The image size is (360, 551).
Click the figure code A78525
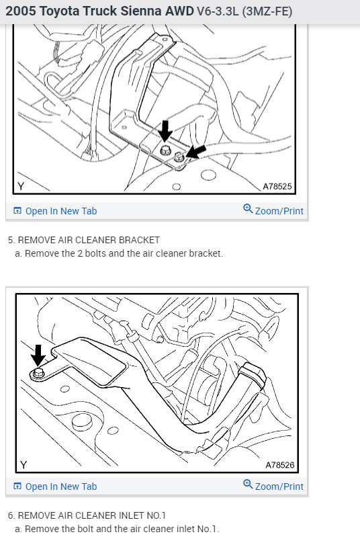click(x=277, y=186)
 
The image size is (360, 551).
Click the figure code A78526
click(x=279, y=465)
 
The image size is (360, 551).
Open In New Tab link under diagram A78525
click(x=55, y=211)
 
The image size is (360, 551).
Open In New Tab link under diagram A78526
click(x=55, y=486)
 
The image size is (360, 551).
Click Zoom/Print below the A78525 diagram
click(x=273, y=210)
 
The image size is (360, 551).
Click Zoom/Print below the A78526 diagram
click(x=273, y=486)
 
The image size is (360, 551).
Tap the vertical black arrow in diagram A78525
click(x=165, y=131)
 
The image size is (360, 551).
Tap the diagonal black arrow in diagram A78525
click(x=196, y=151)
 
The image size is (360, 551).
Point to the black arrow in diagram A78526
click(x=38, y=355)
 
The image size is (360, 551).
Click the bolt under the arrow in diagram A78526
click(x=37, y=373)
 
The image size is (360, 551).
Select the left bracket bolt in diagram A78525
click(x=165, y=151)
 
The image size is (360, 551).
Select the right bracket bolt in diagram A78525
click(x=179, y=157)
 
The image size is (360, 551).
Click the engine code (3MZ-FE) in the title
click(x=267, y=11)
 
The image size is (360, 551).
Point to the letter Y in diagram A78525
click(x=21, y=186)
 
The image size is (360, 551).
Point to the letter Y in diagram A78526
click(x=24, y=465)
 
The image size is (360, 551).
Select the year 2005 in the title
click(x=21, y=11)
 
